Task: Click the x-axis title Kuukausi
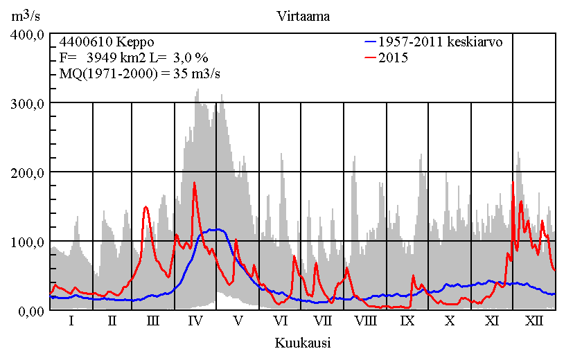tap(302, 343)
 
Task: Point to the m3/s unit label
tap(26, 15)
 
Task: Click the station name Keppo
tap(135, 42)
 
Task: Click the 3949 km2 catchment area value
tap(114, 58)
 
